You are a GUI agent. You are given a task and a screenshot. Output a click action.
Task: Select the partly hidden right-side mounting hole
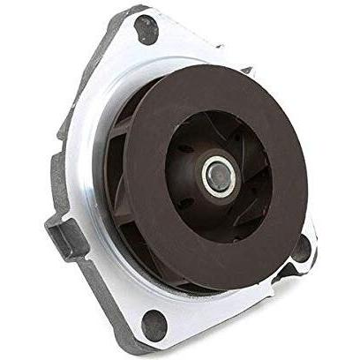(x=303, y=249)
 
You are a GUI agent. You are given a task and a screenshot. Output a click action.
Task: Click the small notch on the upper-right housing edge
(x=249, y=69)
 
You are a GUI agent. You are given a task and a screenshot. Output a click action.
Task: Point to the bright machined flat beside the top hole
(x=176, y=44)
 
